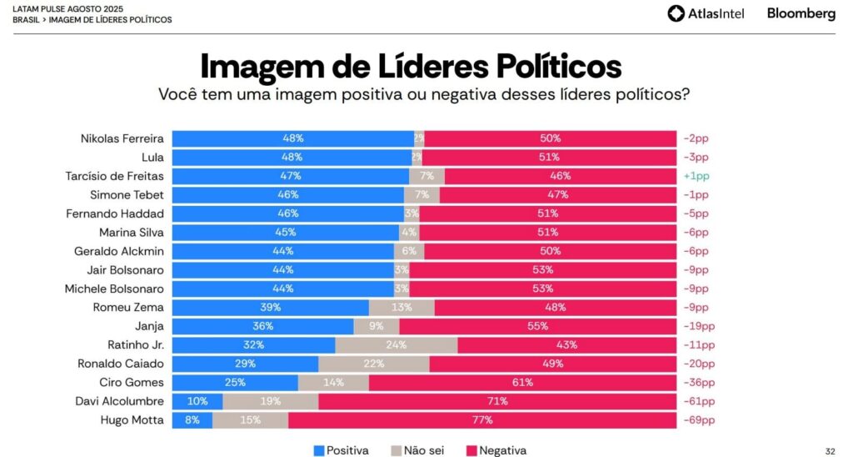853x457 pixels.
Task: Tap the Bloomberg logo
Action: point(801,13)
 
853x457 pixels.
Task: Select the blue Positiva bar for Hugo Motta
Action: point(192,420)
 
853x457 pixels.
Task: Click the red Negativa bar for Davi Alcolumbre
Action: point(497,401)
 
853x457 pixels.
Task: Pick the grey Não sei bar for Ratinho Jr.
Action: point(397,344)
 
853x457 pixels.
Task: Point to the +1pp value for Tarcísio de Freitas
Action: point(696,176)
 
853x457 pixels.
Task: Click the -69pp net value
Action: point(699,420)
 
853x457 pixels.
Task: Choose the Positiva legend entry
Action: point(342,450)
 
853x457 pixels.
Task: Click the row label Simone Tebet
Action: point(127,194)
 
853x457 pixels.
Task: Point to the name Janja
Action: point(149,326)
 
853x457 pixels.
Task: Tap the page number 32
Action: point(830,450)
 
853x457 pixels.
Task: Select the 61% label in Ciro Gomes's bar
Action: point(523,382)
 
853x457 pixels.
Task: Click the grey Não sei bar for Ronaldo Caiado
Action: point(374,364)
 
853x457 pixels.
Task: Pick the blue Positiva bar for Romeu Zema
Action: point(270,307)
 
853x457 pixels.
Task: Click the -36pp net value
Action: point(699,382)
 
